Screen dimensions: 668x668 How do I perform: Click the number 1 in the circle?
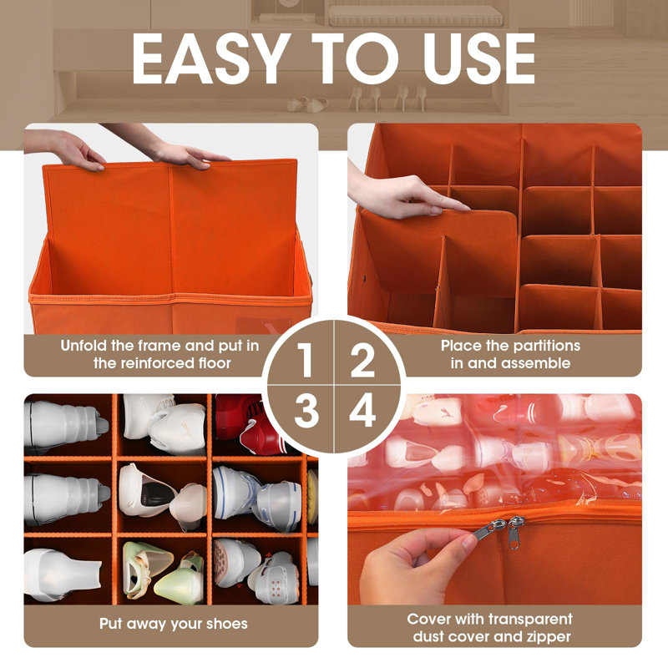point(305,360)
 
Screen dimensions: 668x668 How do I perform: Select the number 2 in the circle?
point(362,360)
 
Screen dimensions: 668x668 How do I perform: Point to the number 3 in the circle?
point(306,410)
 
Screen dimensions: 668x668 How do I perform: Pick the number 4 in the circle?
point(362,410)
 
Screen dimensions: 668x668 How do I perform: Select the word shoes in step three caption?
point(226,624)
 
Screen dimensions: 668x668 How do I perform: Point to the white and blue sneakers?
point(257,498)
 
